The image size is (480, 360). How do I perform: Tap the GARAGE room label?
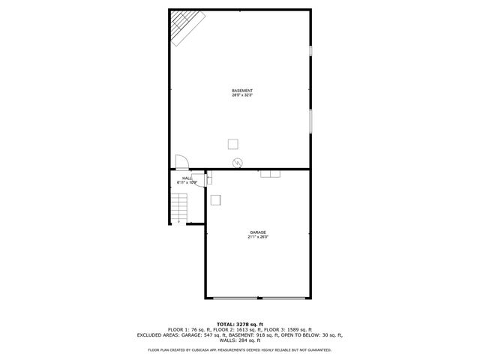coord(258,232)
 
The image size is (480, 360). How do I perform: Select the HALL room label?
coord(187,178)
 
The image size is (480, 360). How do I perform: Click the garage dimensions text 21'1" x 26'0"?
coord(258,237)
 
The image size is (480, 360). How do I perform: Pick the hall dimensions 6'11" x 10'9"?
coord(187,182)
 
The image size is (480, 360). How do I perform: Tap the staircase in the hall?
coord(178,207)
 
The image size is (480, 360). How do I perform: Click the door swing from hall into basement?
coord(181,162)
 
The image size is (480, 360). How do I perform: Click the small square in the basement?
coord(234,143)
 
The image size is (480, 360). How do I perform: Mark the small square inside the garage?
coord(216,199)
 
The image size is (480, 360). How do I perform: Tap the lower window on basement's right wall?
coord(310,120)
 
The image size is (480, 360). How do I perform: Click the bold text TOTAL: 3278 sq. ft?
coord(239,324)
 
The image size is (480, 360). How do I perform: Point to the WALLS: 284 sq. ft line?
coord(240,340)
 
